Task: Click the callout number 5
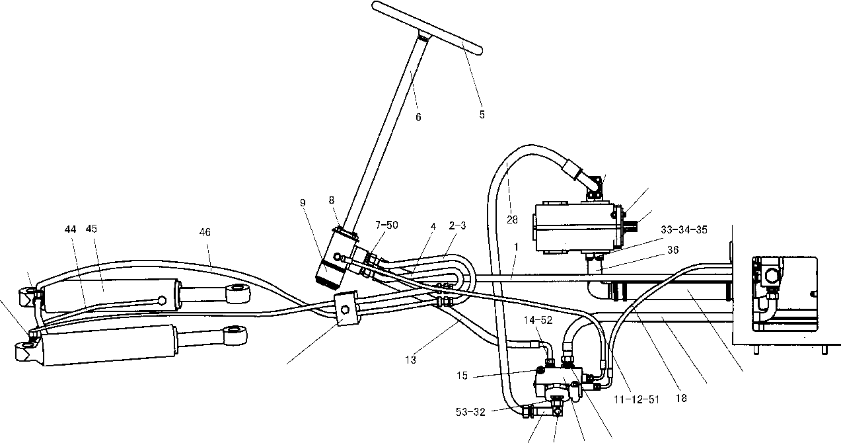(482, 114)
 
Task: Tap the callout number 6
(418, 117)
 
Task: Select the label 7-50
(386, 225)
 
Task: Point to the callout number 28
(512, 220)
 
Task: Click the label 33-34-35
(684, 229)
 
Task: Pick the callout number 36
(673, 250)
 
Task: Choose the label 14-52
(538, 320)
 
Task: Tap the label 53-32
(470, 412)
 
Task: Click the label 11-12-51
(637, 399)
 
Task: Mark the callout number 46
(205, 233)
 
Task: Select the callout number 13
(411, 360)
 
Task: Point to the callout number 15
(462, 376)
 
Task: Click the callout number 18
(681, 398)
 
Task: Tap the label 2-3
(457, 226)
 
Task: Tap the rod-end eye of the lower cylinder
(235, 335)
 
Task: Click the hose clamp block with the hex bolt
(346, 308)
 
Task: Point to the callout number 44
(70, 229)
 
